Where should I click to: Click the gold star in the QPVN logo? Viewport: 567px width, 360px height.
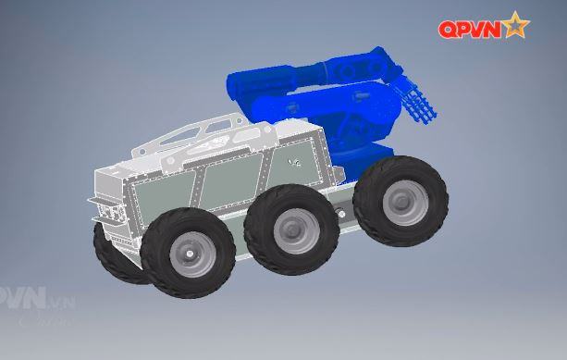[516, 28]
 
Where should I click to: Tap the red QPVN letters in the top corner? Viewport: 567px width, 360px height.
[470, 30]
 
